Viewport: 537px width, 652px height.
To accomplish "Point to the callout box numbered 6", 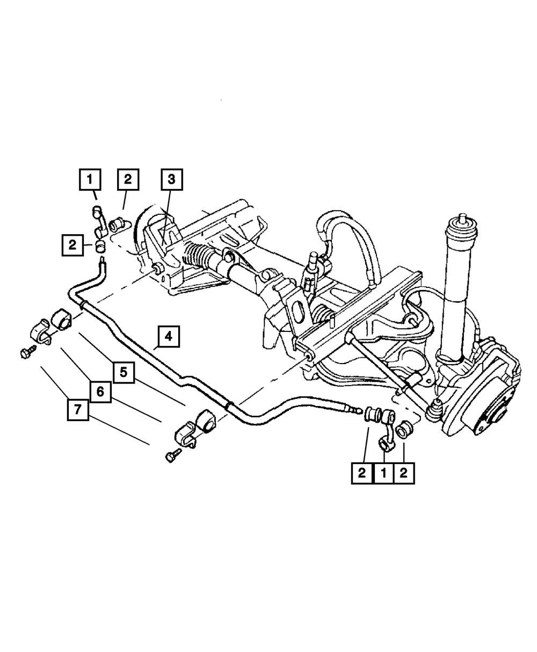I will tap(100, 392).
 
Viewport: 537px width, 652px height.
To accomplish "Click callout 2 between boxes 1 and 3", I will tap(128, 179).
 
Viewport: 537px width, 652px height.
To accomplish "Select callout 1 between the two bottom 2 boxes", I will tap(383, 473).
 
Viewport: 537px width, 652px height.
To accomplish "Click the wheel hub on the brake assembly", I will tap(495, 414).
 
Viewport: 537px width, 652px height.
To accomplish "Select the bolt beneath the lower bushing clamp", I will tap(171, 457).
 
